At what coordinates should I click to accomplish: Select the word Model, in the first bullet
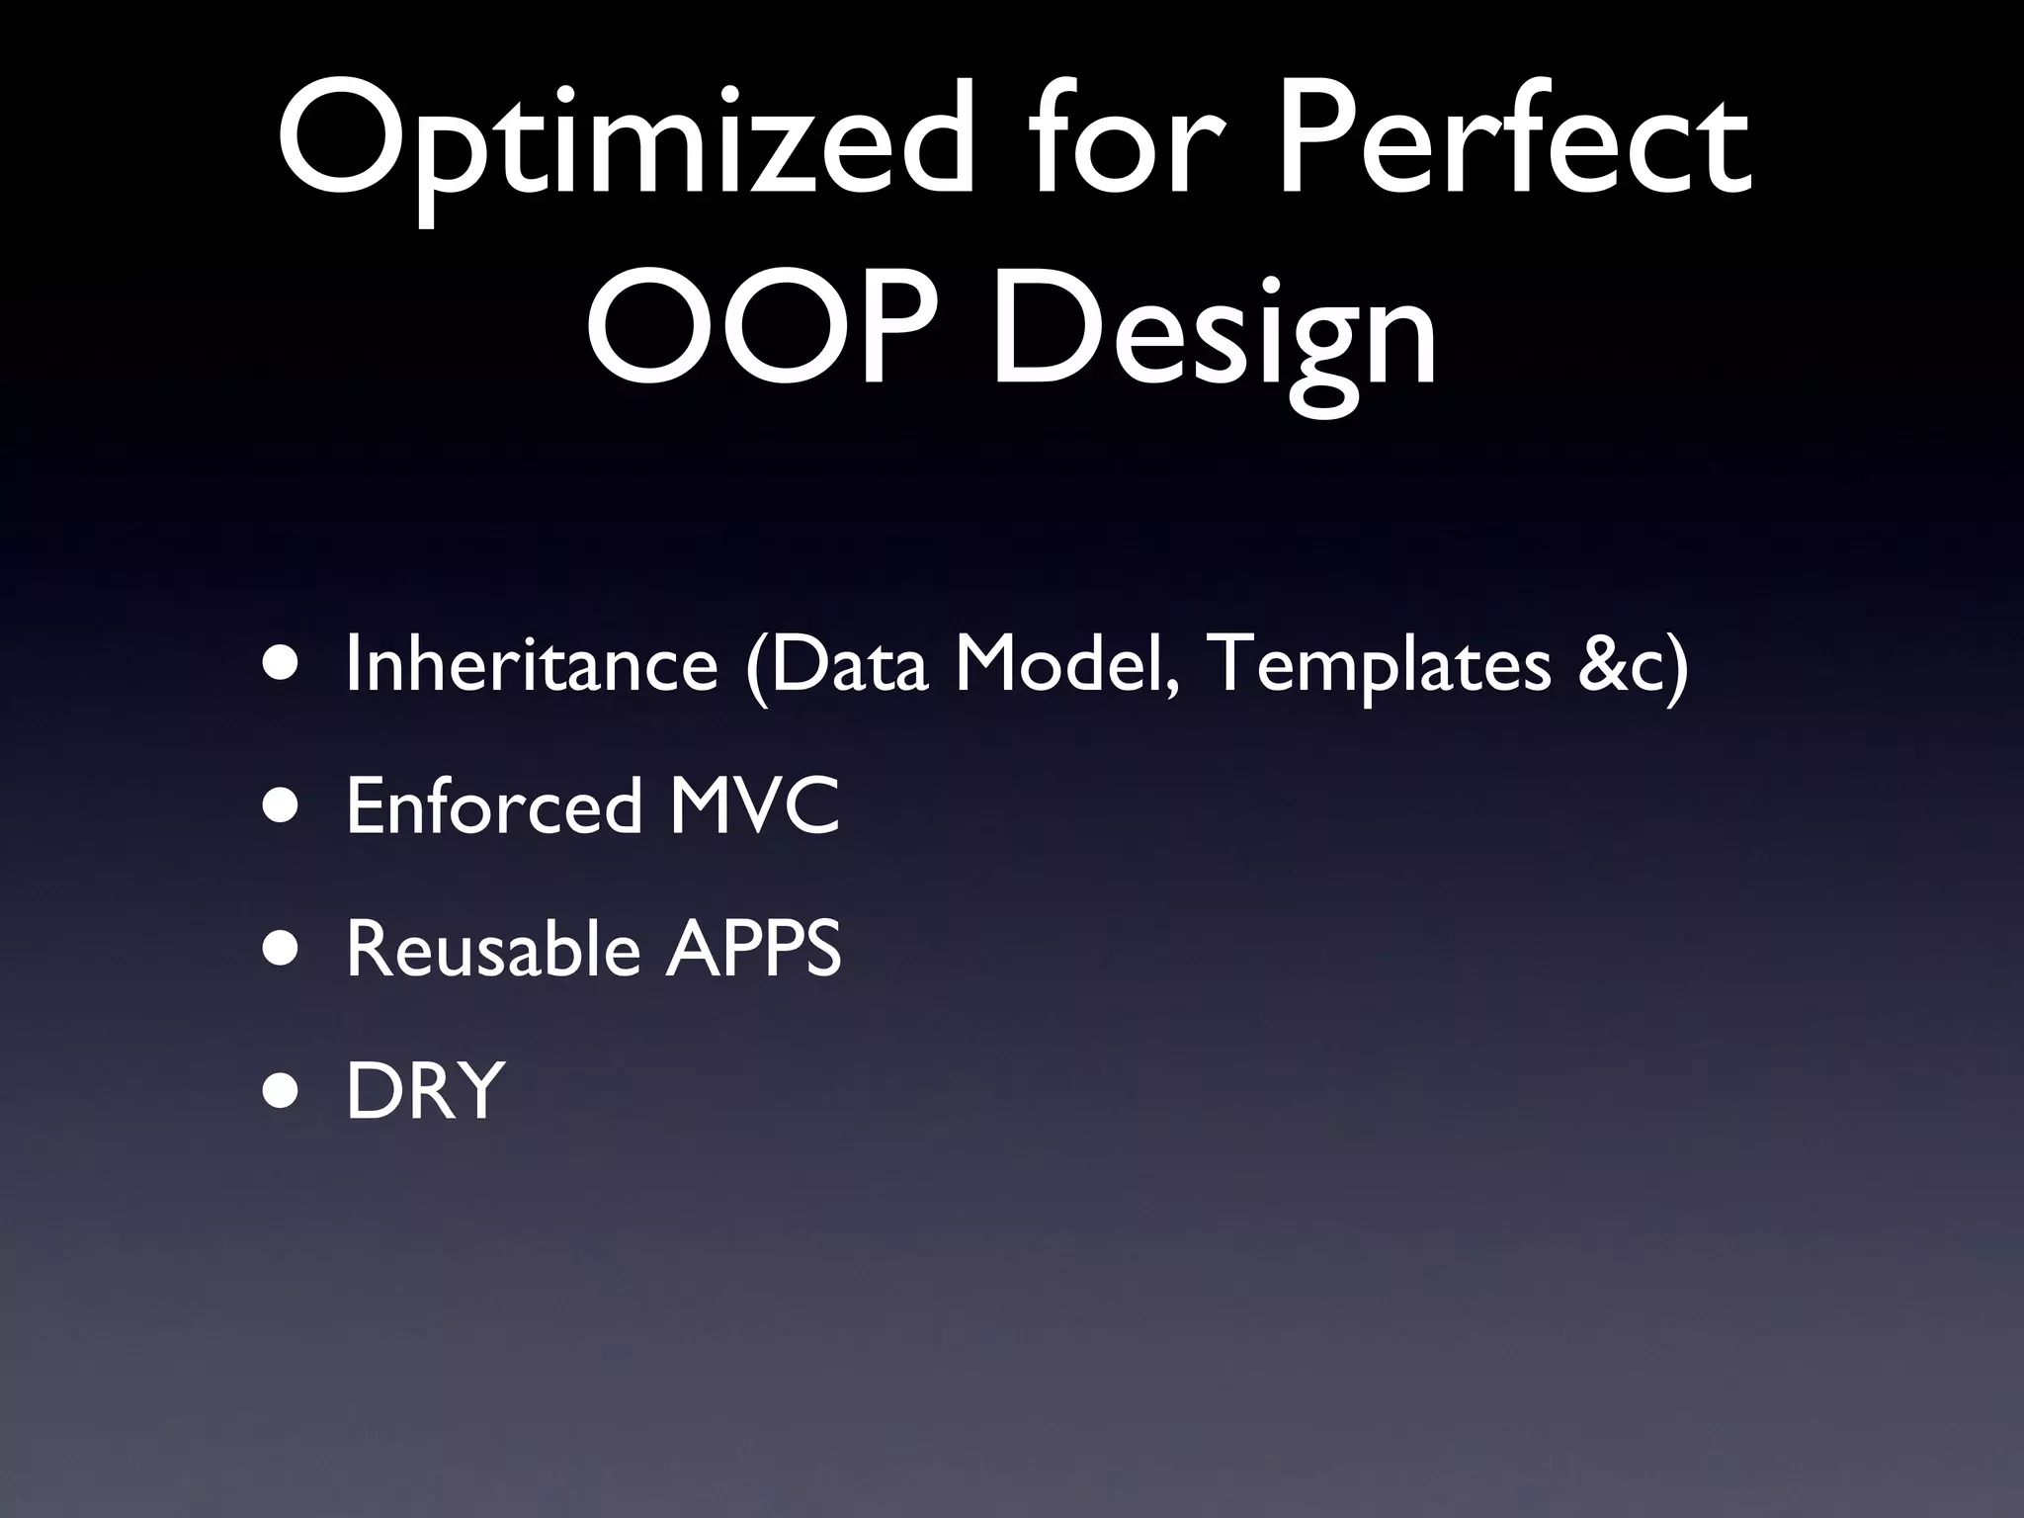tap(1068, 664)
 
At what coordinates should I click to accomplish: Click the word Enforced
tap(495, 806)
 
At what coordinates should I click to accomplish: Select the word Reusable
tap(493, 949)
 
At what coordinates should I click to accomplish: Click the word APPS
tap(753, 949)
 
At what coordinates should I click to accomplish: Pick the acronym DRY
tap(426, 1091)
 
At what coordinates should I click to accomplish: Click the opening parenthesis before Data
tap(757, 667)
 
